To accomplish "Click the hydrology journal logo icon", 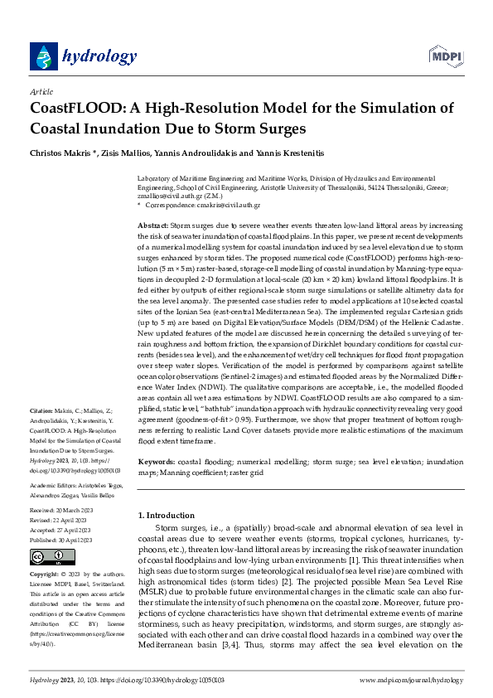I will tap(43, 56).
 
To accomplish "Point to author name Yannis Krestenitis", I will tap(278, 153).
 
